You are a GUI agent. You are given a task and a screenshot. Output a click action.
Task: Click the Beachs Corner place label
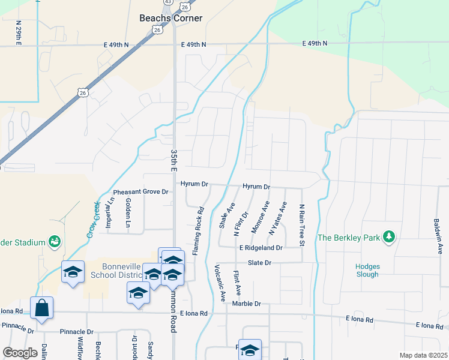point(170,18)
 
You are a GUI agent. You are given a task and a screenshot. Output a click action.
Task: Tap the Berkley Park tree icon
point(390,237)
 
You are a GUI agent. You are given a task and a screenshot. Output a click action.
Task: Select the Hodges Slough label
point(366,269)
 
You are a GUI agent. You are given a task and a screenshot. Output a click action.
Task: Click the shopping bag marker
point(41,308)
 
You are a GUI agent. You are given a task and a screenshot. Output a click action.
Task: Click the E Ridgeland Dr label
point(260,247)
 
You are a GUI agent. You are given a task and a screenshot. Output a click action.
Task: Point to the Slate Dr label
point(260,263)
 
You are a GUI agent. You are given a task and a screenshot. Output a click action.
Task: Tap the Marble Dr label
point(246,304)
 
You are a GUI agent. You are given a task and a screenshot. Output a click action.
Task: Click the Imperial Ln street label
point(109,214)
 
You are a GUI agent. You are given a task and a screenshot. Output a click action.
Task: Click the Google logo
point(20,353)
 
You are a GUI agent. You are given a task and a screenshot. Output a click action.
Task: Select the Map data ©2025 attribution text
point(423,355)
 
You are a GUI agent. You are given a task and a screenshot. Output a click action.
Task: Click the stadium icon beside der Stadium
point(55,241)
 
